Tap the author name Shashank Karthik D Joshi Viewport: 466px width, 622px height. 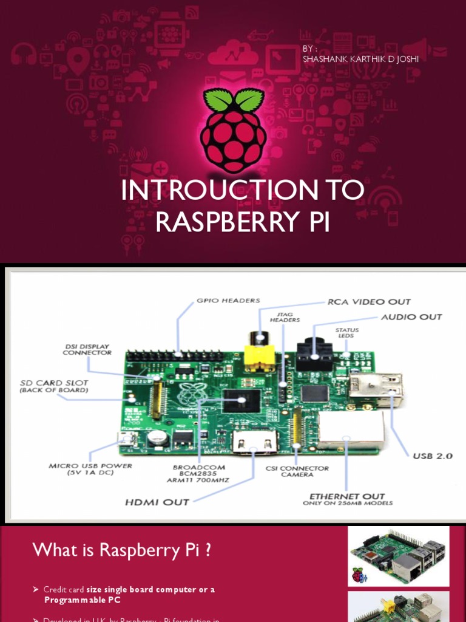pyautogui.click(x=360, y=59)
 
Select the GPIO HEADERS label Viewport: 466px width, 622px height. pyautogui.click(x=228, y=300)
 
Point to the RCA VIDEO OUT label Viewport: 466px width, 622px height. pyautogui.click(x=369, y=302)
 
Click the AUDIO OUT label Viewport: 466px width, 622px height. pyautogui.click(x=411, y=317)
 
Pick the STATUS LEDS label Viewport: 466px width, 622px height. pyautogui.click(x=347, y=333)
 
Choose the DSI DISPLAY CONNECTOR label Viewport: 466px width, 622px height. pyautogui.click(x=87, y=349)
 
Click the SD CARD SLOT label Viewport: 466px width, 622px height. pyautogui.click(x=54, y=386)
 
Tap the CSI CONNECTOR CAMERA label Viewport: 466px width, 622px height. pyautogui.click(x=297, y=471)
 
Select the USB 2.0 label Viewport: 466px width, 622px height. pyautogui.click(x=433, y=456)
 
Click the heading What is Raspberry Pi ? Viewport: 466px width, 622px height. pyautogui.click(x=122, y=550)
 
